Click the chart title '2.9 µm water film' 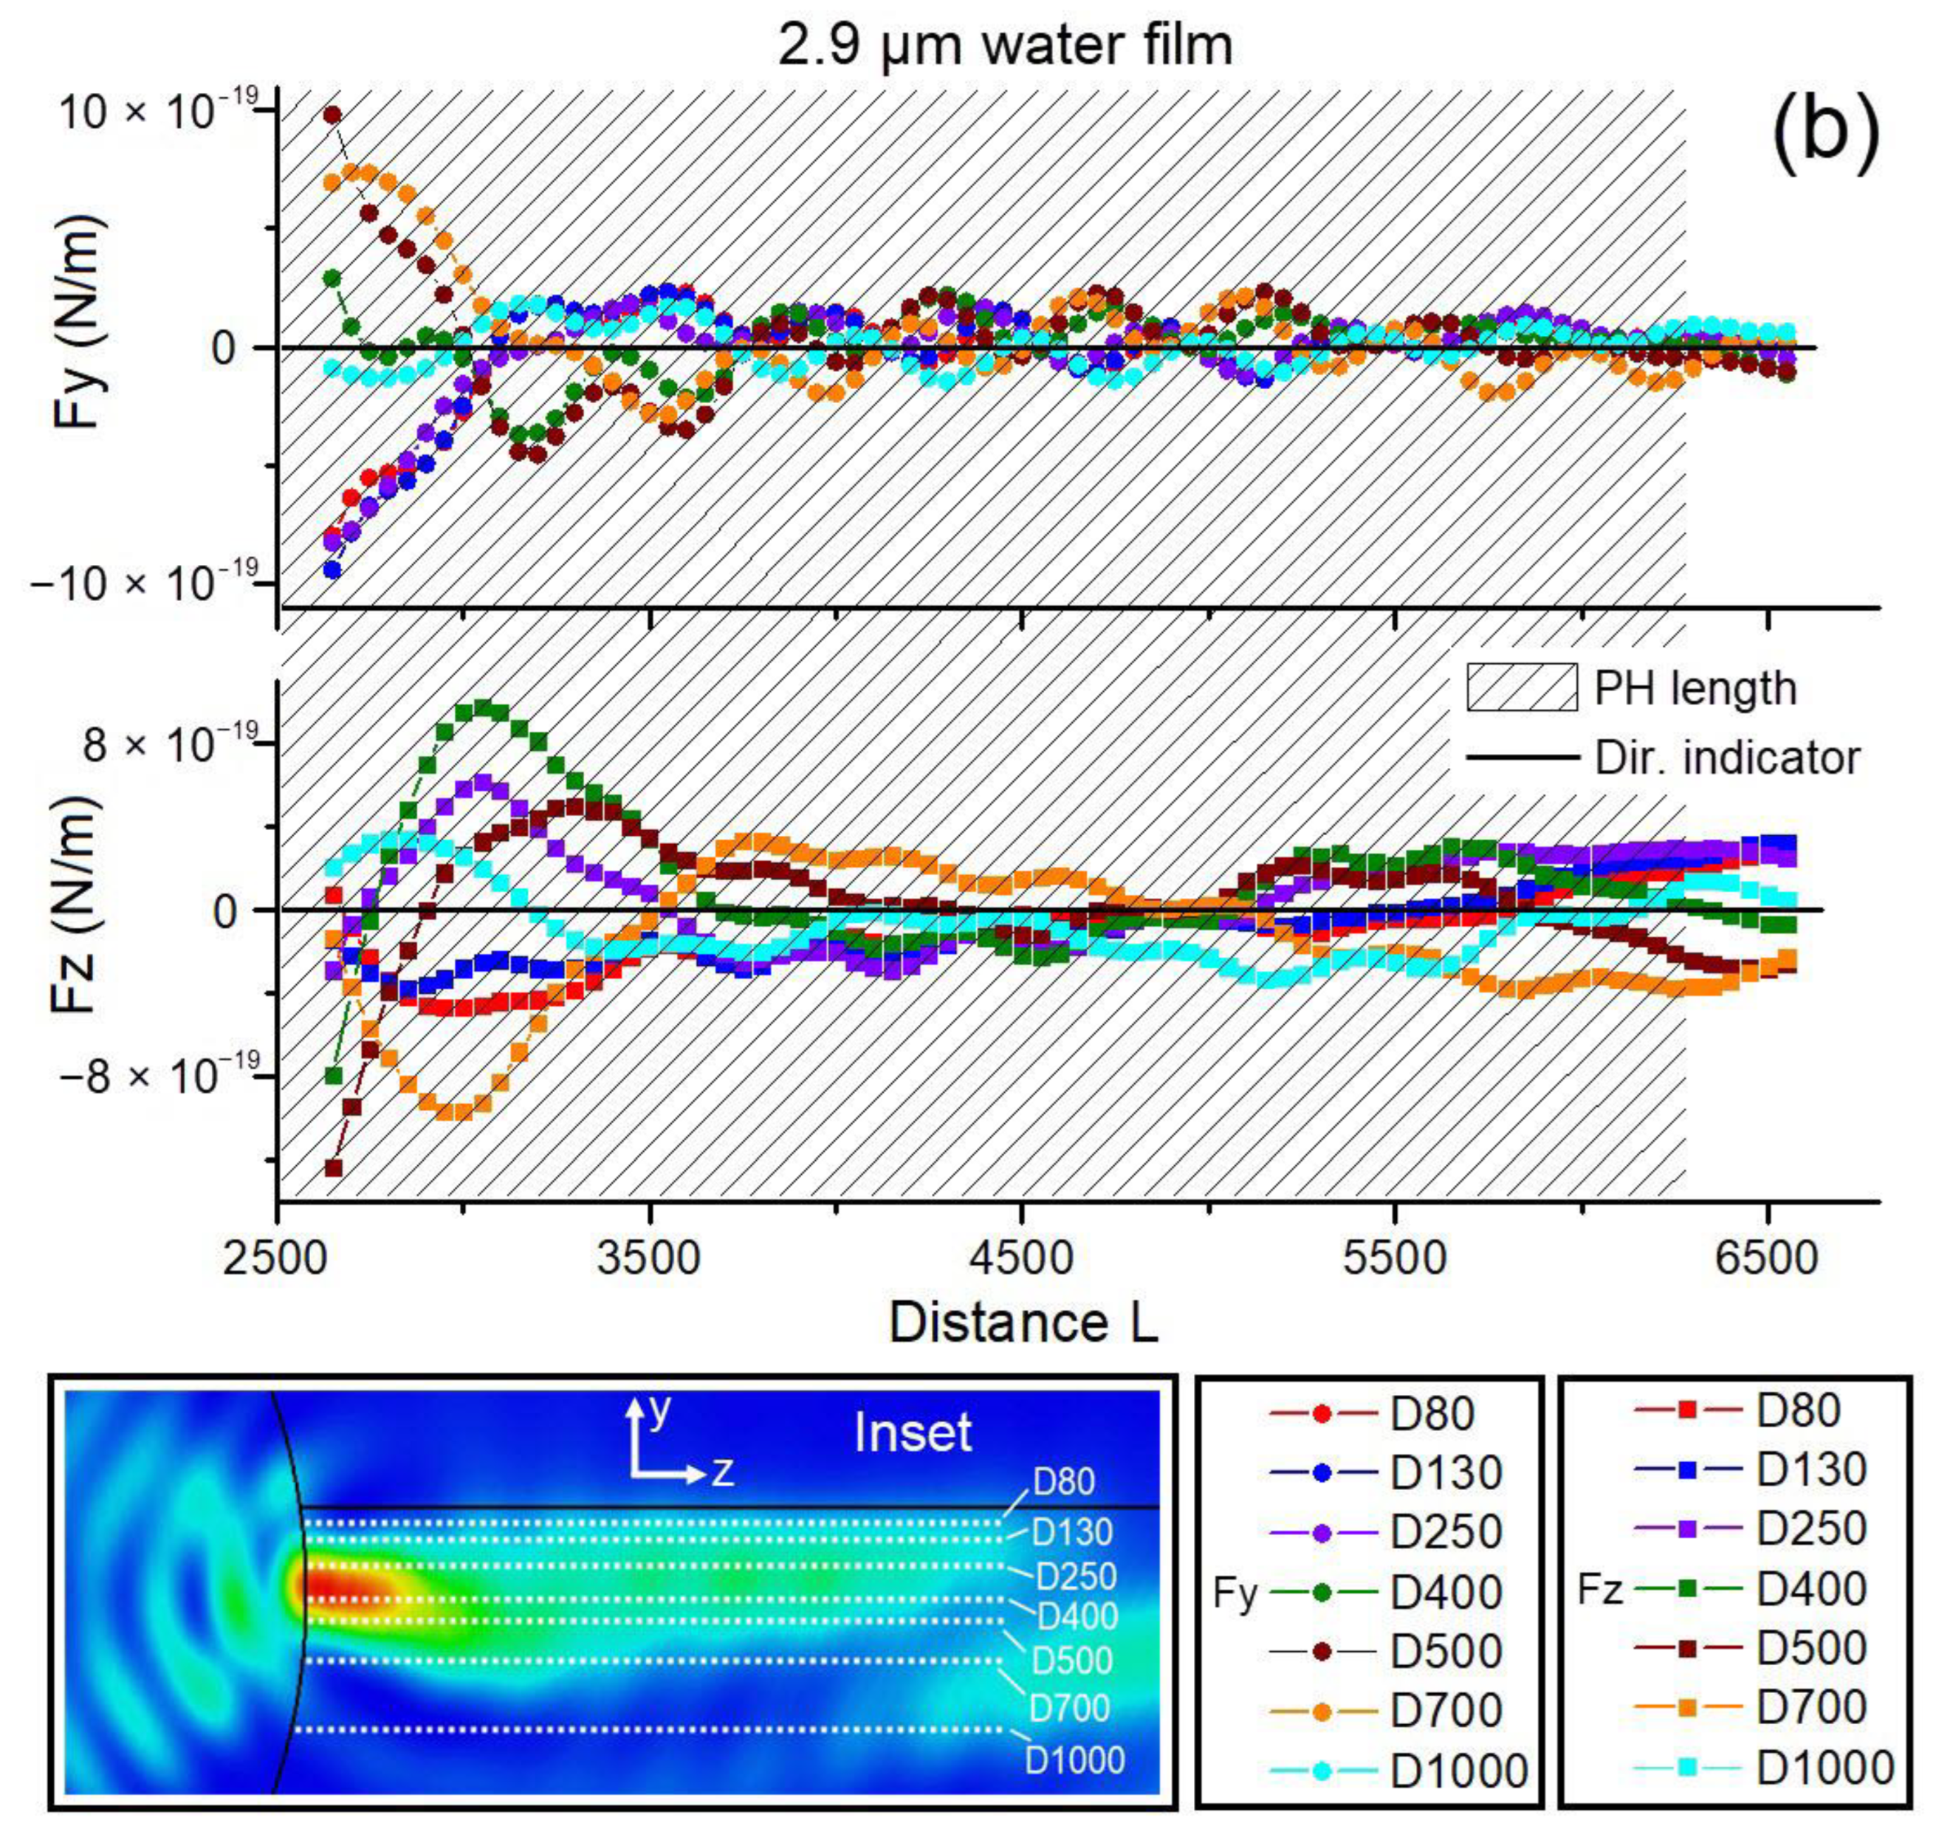[1005, 46]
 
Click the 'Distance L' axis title [1023, 1324]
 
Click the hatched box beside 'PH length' [1521, 688]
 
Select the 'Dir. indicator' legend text [1727, 758]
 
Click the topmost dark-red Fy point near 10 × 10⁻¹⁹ [332, 115]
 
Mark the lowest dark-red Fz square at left [334, 1167]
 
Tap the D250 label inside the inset [1075, 1576]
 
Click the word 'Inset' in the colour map [913, 1433]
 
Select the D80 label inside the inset [1063, 1482]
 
